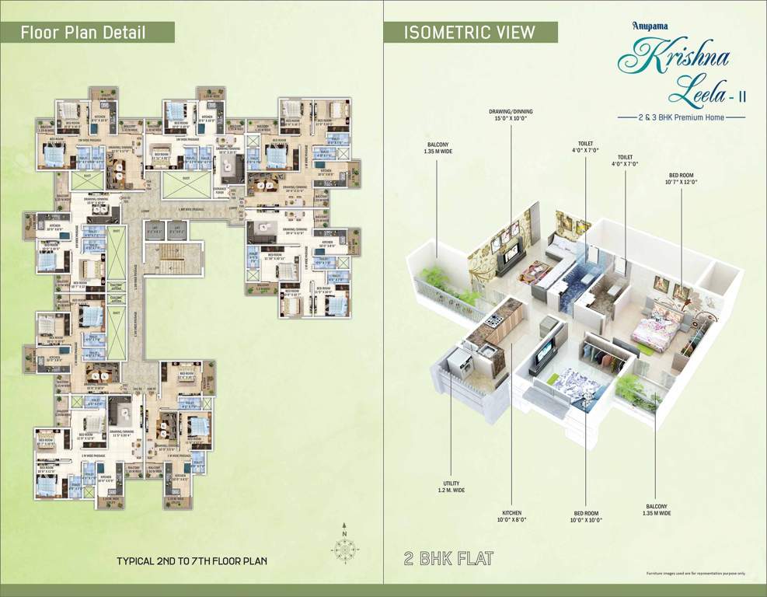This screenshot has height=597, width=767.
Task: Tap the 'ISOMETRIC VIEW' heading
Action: point(469,32)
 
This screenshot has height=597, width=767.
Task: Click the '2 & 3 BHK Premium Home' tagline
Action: point(681,117)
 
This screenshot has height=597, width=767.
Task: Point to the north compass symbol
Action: point(344,548)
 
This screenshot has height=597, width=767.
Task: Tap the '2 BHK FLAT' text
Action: point(448,559)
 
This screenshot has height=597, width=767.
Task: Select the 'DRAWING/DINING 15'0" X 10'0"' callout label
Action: point(511,115)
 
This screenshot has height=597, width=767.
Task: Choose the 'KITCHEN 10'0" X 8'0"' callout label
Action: point(511,517)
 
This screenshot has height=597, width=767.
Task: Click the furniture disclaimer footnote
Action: point(695,574)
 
